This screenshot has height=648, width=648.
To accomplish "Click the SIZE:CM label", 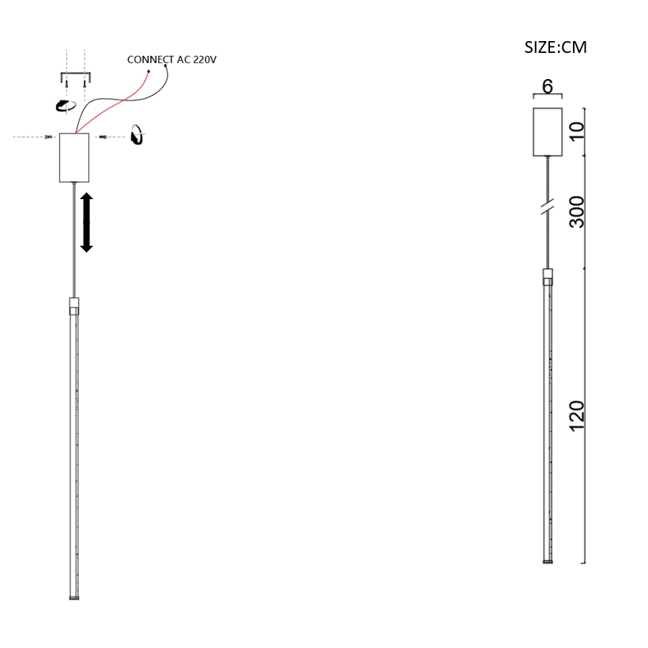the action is point(556,47).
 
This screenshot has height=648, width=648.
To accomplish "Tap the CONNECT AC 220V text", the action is point(171,60).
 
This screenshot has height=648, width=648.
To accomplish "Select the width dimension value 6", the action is point(548,86).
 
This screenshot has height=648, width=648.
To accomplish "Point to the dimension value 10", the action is point(577,131).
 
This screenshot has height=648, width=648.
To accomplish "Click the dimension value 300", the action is point(577,212).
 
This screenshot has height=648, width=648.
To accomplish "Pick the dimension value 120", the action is point(577,416).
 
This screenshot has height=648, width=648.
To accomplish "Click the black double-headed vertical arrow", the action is point(86,222).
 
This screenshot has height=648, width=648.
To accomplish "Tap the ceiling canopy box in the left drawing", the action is point(74,157).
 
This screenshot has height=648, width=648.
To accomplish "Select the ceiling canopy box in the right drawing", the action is point(548,132).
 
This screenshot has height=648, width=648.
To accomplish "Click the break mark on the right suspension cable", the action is point(548,206).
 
